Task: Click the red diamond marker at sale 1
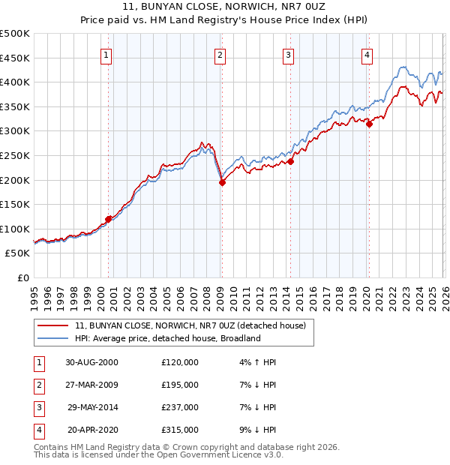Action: click(109, 219)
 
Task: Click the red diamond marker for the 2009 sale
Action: click(222, 182)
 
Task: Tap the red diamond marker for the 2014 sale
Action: click(290, 161)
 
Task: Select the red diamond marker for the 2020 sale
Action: click(369, 124)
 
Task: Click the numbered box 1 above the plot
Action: click(106, 55)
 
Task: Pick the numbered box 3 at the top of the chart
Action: click(288, 55)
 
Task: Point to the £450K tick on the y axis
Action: click(15, 58)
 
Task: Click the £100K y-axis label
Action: click(15, 229)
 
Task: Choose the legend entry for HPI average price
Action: click(166, 338)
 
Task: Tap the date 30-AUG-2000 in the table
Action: click(91, 362)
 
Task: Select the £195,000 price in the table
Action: click(179, 385)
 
